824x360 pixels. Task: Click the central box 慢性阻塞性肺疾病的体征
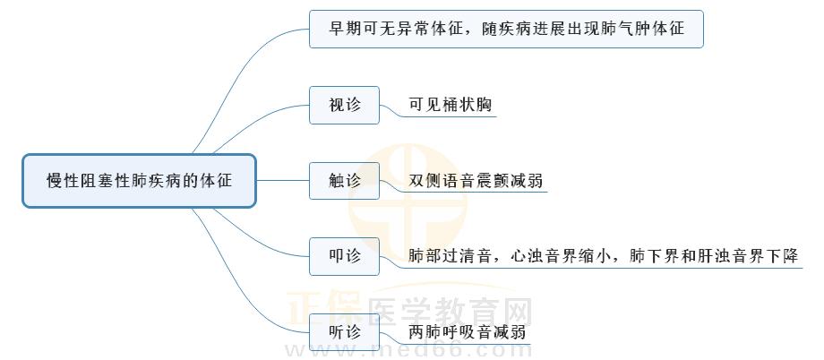pyautogui.click(x=139, y=181)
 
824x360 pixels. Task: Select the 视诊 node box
pyautogui.click(x=345, y=105)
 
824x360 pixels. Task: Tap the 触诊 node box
pyautogui.click(x=345, y=181)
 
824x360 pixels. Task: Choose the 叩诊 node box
pyautogui.click(x=345, y=256)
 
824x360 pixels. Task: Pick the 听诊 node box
pyautogui.click(x=345, y=332)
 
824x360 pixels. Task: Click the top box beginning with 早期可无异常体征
pyautogui.click(x=506, y=29)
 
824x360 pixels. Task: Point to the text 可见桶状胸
pyautogui.click(x=451, y=105)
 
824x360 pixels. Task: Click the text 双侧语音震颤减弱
pyautogui.click(x=476, y=181)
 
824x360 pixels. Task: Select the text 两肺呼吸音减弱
pyautogui.click(x=467, y=332)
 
